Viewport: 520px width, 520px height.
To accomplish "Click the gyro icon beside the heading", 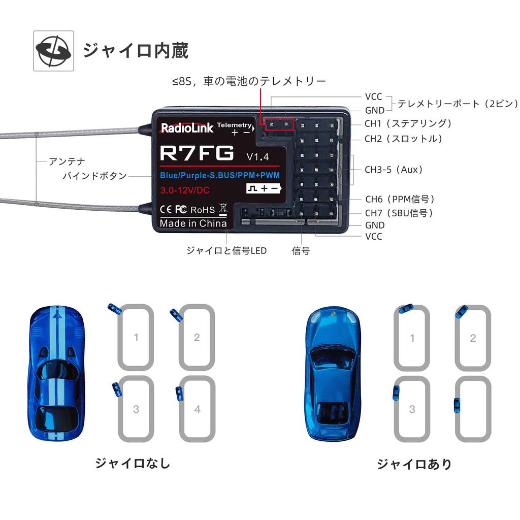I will click(53, 51).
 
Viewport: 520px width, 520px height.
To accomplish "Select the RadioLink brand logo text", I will click(187, 128).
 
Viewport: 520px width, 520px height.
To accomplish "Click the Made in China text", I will click(193, 223).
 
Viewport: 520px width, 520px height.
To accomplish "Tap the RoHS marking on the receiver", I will click(203, 209).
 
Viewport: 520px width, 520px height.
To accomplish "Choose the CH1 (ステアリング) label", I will click(408, 123).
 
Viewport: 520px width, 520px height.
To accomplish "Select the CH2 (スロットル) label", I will click(404, 139).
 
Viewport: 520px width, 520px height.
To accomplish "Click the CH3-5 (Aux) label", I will click(394, 170).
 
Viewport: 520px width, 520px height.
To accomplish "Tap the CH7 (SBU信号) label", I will click(399, 213).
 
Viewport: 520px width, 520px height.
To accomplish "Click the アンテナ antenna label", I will click(67, 161).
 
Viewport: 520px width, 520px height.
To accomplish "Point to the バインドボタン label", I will click(94, 176).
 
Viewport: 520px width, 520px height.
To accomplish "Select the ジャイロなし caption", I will click(133, 463).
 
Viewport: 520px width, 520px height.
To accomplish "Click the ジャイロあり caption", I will click(414, 464).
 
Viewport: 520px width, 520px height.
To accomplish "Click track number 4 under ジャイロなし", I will click(197, 409).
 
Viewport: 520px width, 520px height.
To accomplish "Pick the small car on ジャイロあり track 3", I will click(396, 393).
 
